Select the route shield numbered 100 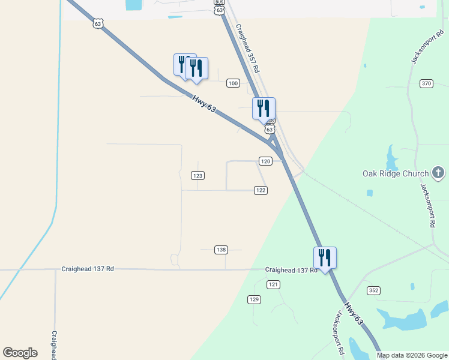click(x=234, y=83)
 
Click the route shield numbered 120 click(x=266, y=161)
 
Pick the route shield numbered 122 click(x=260, y=190)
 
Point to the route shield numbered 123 click(x=198, y=175)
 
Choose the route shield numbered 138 click(x=221, y=250)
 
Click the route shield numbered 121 click(x=274, y=284)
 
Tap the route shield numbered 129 click(x=255, y=299)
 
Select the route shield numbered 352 click(x=374, y=290)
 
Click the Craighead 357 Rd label click(x=247, y=48)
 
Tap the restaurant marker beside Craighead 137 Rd click(x=325, y=258)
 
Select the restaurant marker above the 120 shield click(x=264, y=109)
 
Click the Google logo click(x=20, y=353)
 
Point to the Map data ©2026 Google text click(x=411, y=355)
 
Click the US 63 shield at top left click(x=98, y=23)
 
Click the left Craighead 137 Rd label click(x=88, y=269)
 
